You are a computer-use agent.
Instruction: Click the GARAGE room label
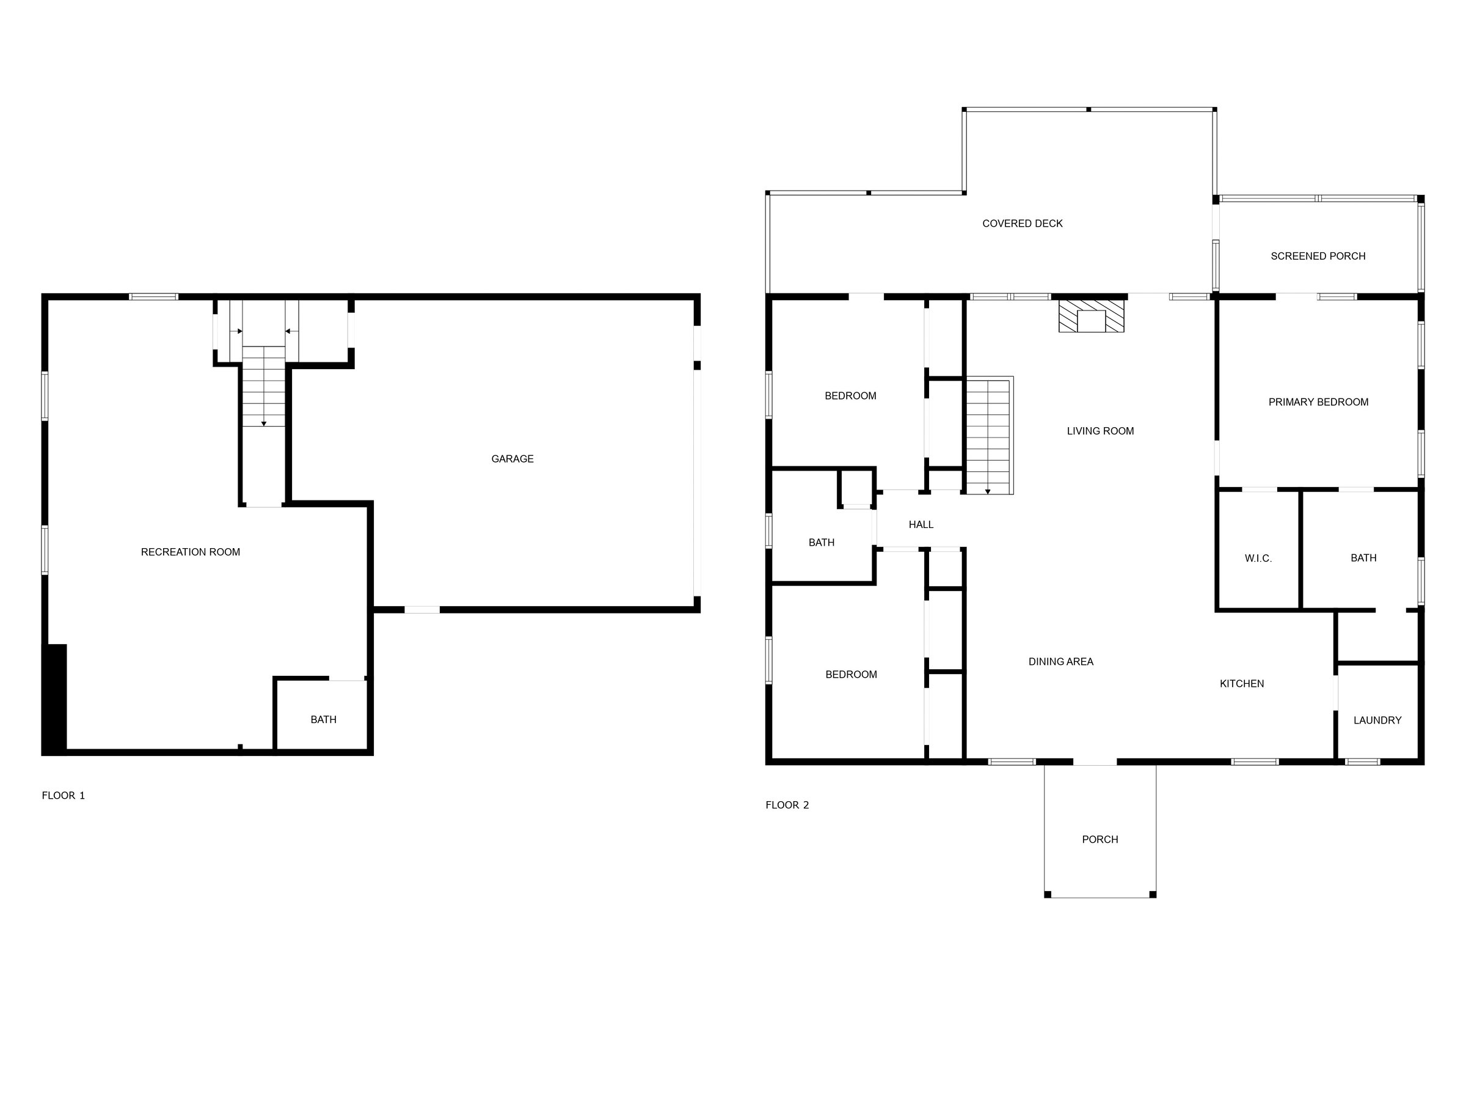[x=512, y=459]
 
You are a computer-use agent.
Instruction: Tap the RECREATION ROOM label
[x=190, y=552]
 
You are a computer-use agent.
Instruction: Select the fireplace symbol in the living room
[x=1091, y=315]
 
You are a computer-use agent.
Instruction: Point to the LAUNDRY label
[x=1377, y=720]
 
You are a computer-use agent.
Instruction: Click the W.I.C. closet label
[x=1258, y=559]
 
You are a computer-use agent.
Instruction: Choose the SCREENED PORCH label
[x=1318, y=256]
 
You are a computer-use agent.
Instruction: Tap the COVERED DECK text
[x=1022, y=224]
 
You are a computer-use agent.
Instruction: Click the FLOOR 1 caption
[x=64, y=796]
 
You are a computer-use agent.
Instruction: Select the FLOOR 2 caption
[x=787, y=805]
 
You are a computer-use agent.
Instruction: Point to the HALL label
[x=921, y=524]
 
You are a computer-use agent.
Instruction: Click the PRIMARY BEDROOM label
[x=1318, y=402]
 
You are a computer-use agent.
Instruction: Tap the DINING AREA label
[x=1060, y=661]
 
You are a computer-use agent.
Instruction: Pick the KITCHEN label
[x=1241, y=684]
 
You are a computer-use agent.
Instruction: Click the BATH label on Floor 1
[x=323, y=719]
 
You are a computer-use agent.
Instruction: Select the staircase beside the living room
[x=989, y=436]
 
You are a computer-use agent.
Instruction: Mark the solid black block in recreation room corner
[x=54, y=697]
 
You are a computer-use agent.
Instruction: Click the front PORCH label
[x=1099, y=840]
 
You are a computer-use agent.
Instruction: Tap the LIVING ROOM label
[x=1100, y=431]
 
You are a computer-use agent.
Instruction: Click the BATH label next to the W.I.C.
[x=1363, y=557]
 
